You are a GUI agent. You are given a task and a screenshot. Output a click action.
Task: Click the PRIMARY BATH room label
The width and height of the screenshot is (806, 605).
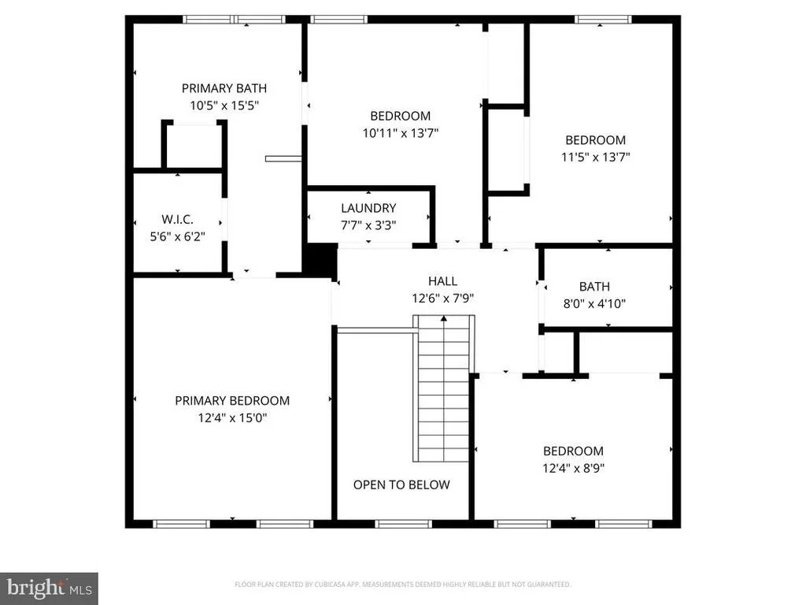coord(224,88)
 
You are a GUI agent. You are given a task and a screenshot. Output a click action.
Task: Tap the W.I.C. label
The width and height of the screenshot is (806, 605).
coord(177,219)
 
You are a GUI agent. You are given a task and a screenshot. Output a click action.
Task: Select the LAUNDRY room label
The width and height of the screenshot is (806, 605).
coord(368,208)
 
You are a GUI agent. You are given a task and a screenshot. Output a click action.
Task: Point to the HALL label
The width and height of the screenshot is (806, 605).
coord(442,281)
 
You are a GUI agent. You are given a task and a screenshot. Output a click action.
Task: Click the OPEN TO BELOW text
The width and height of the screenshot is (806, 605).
coord(401,484)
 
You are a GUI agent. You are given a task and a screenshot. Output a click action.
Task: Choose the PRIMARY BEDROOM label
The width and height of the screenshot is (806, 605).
coord(232,401)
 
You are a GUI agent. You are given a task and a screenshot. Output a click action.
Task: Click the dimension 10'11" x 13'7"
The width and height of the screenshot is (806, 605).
coord(401,133)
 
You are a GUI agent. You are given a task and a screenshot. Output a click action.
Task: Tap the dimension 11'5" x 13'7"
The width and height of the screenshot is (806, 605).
coord(595,157)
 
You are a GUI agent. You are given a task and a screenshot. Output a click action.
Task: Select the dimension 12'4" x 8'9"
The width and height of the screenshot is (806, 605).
coord(573,468)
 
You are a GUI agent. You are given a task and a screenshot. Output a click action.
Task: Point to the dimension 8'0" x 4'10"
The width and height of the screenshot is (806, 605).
coord(594,303)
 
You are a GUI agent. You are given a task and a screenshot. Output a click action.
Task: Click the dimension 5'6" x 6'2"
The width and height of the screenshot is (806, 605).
coord(177,236)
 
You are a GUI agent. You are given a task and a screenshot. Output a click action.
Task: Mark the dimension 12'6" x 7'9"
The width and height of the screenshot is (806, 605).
coord(442,299)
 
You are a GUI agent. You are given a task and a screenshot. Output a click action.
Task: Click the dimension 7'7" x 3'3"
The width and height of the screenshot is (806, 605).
coord(368,225)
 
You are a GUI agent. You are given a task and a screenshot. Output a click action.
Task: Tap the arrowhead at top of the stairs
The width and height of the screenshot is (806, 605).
coord(444,319)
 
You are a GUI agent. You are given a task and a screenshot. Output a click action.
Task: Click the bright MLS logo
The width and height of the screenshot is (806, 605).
coord(49,588)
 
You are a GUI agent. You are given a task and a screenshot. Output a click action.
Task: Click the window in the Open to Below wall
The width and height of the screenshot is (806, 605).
coord(403,524)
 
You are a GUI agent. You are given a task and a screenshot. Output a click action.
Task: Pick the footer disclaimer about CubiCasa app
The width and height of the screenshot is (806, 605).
coord(402,585)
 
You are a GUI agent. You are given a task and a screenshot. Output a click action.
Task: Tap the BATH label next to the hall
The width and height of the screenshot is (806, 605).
coord(594,287)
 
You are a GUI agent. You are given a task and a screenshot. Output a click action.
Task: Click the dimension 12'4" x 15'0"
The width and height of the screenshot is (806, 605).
coord(232,418)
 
